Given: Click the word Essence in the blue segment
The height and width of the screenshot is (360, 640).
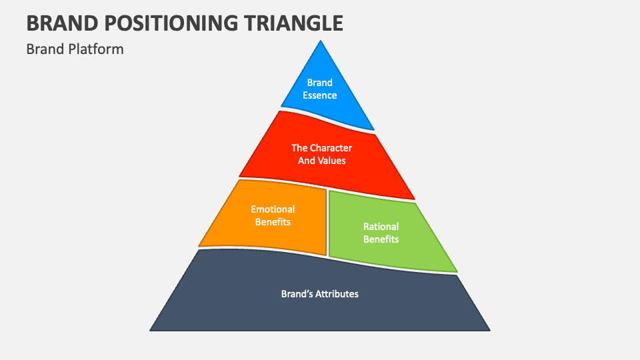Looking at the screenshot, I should point(320,95).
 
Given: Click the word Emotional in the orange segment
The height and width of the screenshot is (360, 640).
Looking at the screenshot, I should point(273,209).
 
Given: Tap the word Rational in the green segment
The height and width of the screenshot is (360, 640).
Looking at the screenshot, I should point(381,227).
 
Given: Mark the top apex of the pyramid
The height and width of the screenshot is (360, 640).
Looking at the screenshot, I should point(321,42).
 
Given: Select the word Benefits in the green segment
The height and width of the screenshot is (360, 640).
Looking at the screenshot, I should point(381,239).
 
